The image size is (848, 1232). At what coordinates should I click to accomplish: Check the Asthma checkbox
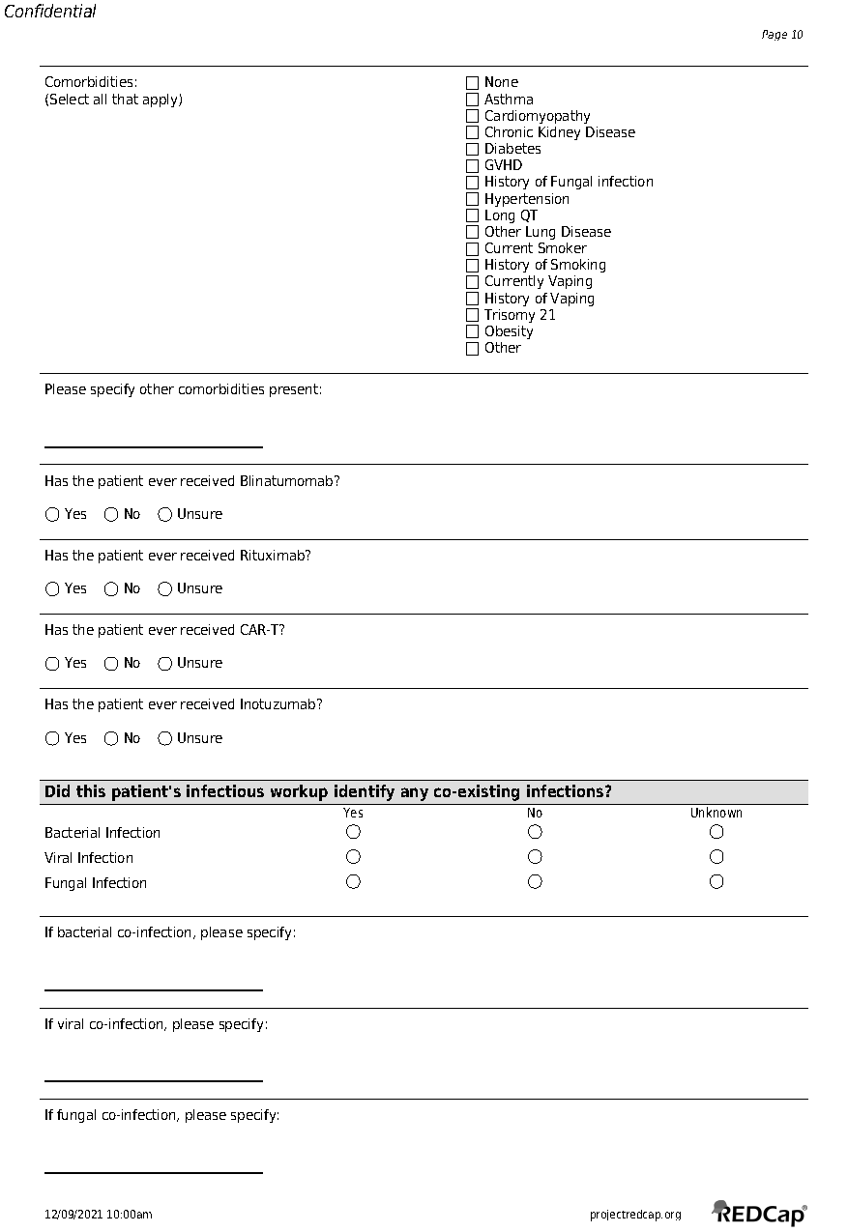472,100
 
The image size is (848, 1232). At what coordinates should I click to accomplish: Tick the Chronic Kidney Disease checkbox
472,132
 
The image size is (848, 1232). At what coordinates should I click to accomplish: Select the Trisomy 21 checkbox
472,315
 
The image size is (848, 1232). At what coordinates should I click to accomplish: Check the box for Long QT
472,215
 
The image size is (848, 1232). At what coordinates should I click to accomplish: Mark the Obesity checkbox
472,331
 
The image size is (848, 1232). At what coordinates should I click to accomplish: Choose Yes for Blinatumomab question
52,515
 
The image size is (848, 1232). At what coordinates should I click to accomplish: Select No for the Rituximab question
111,589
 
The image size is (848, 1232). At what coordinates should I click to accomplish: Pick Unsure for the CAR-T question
164,664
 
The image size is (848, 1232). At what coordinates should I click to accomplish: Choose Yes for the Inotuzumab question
52,739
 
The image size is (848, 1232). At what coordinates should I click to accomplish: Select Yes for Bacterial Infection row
353,832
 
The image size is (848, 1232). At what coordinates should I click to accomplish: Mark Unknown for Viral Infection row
716,857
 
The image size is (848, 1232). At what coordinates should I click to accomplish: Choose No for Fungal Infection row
535,882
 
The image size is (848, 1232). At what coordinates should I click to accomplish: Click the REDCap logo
760,1213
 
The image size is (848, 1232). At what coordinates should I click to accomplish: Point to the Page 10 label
782,35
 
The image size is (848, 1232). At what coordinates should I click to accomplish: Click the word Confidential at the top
50,12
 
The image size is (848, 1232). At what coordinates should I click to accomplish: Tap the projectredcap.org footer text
635,1215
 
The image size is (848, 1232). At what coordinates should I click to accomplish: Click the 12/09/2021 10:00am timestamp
99,1215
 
